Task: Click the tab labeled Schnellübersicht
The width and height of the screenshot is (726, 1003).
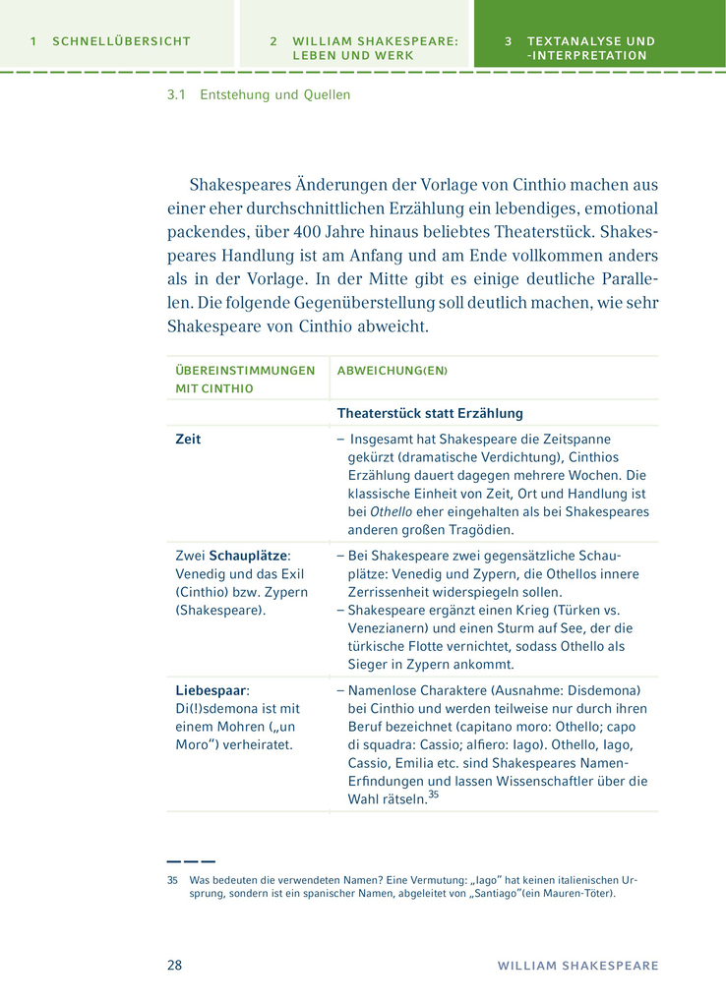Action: click(x=110, y=41)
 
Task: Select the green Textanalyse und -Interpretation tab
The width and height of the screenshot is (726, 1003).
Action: click(x=580, y=48)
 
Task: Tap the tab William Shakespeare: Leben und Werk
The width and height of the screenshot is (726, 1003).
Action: click(x=364, y=48)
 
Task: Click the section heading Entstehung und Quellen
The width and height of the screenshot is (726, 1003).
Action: click(x=274, y=95)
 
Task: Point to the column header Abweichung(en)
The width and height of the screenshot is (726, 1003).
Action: click(x=392, y=371)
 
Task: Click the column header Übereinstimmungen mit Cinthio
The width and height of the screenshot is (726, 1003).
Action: click(x=245, y=379)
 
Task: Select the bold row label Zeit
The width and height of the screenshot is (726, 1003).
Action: click(x=188, y=440)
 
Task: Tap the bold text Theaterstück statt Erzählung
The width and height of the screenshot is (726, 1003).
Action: click(x=430, y=413)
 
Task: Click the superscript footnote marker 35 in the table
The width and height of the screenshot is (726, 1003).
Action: click(x=433, y=796)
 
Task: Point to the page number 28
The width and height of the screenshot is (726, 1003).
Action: click(x=174, y=965)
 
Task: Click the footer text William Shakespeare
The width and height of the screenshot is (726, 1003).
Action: click(x=577, y=966)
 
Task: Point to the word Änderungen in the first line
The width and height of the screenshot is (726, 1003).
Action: click(x=315, y=185)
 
